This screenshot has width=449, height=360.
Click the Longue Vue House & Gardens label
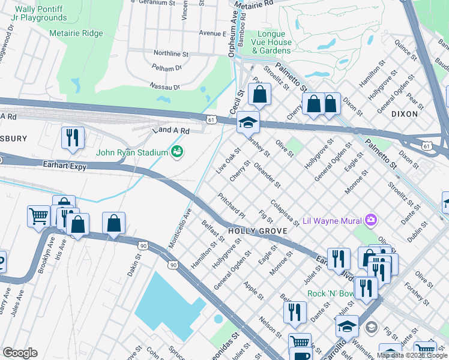click(274, 43)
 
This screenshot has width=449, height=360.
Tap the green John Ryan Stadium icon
click(177, 152)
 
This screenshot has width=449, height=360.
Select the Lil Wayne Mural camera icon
click(371, 220)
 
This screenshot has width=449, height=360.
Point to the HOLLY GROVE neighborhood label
click(263, 230)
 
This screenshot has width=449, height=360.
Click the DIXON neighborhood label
click(421, 113)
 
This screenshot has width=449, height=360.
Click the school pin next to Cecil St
click(248, 122)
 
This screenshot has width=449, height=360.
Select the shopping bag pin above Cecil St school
click(259, 94)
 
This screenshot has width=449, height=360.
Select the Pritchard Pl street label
click(232, 205)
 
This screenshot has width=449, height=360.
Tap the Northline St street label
click(171, 53)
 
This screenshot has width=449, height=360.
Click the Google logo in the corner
click(20, 352)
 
